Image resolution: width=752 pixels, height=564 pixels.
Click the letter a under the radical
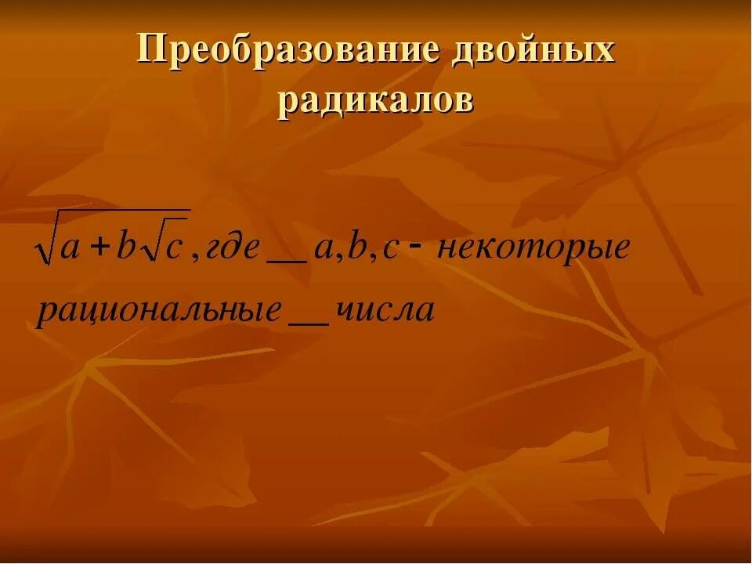tap(70, 249)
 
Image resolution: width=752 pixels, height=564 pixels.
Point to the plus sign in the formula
tap(99, 248)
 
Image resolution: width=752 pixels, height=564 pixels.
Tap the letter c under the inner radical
tap(174, 249)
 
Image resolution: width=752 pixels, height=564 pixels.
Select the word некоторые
tap(533, 249)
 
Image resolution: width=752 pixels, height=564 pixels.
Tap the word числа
tap(384, 310)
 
